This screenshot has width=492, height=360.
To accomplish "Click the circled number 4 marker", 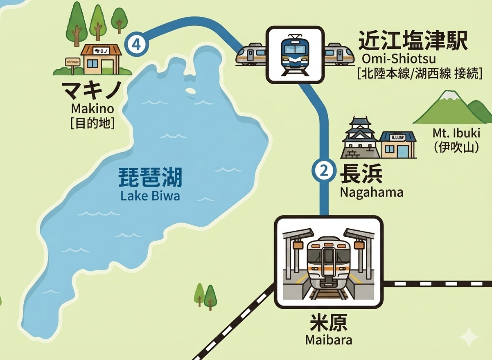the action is click(137, 45).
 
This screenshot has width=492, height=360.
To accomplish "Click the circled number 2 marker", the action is click(324, 170).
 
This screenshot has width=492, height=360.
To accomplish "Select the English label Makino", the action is click(92, 109).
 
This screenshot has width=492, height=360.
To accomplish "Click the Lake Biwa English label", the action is click(150, 196).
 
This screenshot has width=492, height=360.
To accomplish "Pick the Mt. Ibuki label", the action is click(456, 134).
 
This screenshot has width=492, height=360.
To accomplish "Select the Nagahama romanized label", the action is click(372, 192).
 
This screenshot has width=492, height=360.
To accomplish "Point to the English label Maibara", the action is click(329, 340).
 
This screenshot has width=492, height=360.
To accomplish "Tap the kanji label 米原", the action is click(329, 324).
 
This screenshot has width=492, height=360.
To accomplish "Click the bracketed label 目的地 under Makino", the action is click(92, 123).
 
